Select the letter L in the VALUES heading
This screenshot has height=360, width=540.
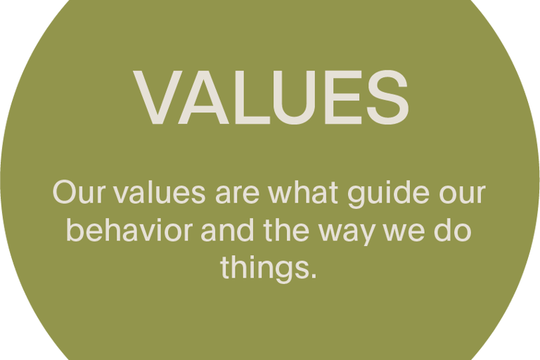click(x=252, y=97)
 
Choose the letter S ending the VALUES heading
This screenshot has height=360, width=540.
click(x=387, y=97)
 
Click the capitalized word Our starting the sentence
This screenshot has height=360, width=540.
click(x=78, y=192)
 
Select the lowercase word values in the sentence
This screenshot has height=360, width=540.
click(x=160, y=191)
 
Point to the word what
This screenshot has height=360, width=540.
click(x=303, y=191)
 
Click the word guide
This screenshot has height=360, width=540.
click(x=388, y=193)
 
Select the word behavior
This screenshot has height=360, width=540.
click(x=129, y=229)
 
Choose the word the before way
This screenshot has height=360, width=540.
click(x=286, y=229)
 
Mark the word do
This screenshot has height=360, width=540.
click(x=453, y=229)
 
